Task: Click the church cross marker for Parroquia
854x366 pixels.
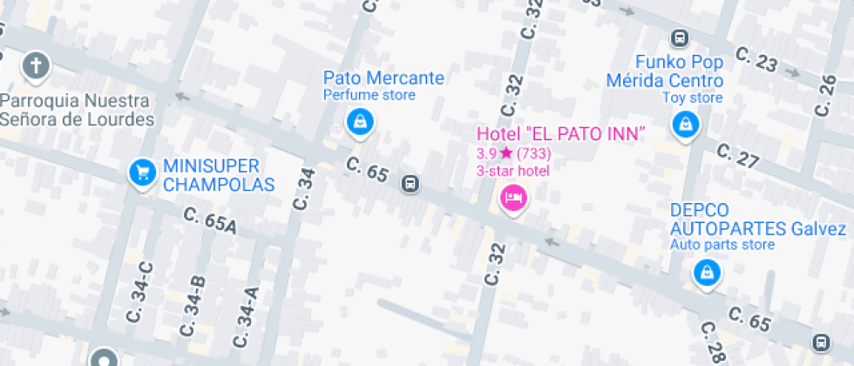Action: coord(36,65)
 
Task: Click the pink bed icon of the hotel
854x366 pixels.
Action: coord(513,198)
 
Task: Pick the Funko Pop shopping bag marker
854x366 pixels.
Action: coord(686,125)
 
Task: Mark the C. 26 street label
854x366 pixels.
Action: coord(825,95)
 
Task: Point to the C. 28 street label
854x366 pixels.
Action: coord(713,342)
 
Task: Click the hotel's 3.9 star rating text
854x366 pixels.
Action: coord(514,152)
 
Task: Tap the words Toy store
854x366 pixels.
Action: coord(692,98)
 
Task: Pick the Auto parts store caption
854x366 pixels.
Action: coord(722,245)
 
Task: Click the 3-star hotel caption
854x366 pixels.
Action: coord(512,170)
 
